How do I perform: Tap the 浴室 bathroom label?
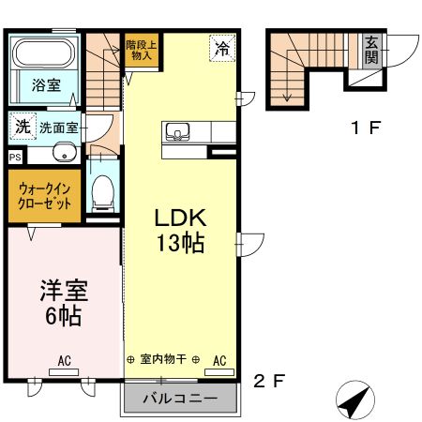click(x=47, y=84)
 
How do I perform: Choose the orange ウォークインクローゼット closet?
click(x=44, y=196)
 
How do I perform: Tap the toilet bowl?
click(x=102, y=192)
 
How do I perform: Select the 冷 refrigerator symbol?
click(x=222, y=47)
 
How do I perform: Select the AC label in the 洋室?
click(x=64, y=360)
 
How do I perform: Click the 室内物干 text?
click(x=165, y=360)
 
